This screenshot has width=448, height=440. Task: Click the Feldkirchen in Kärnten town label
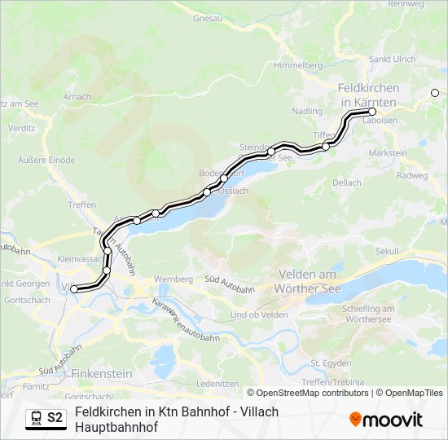(367, 94)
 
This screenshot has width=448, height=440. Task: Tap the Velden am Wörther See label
(318, 280)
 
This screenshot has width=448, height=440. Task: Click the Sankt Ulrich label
(392, 59)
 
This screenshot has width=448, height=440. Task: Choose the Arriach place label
(77, 96)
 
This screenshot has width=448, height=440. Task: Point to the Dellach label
(347, 183)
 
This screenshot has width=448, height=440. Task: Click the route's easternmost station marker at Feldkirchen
(372, 112)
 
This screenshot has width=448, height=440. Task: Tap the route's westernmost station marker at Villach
(74, 288)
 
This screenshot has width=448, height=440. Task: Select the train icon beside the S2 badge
(36, 418)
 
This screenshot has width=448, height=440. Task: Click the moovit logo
(386, 419)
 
